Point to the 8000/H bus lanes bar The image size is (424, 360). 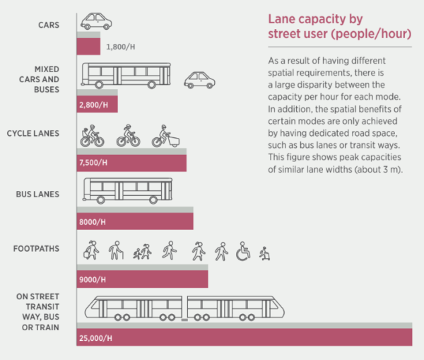[134, 220]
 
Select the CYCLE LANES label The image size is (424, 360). [33, 133]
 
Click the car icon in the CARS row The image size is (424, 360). [95, 21]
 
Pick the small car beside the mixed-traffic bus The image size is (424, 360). [199, 79]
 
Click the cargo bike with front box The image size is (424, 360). [164, 136]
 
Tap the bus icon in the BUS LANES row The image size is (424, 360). [126, 190]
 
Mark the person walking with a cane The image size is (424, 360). [114, 250]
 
